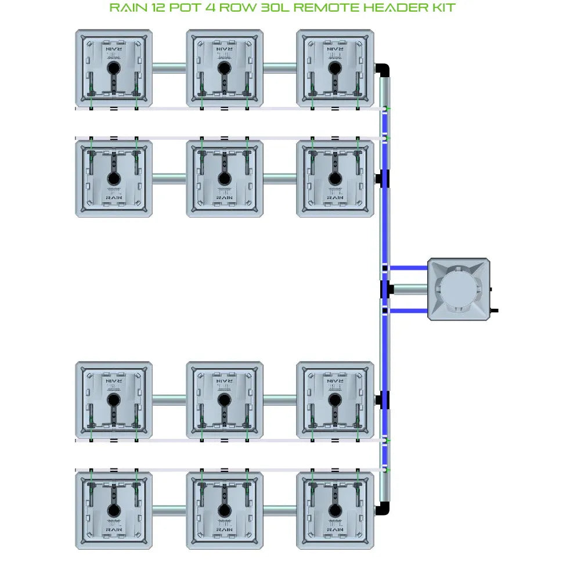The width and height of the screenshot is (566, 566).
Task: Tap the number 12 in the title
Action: (x=157, y=8)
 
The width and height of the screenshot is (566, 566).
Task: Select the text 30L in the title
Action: (x=272, y=8)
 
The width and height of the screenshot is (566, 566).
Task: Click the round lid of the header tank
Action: (x=459, y=289)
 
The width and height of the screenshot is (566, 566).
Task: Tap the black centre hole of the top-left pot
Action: (x=114, y=68)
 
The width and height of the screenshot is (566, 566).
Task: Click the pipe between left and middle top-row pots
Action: (x=169, y=68)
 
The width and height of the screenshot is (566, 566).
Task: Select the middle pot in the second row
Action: (x=225, y=179)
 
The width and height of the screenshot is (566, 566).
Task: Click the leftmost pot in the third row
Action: (x=114, y=400)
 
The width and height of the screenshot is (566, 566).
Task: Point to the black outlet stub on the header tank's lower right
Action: (x=494, y=311)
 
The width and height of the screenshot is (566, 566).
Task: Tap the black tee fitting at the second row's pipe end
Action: (x=383, y=179)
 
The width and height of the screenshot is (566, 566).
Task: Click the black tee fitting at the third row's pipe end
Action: (x=383, y=400)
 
